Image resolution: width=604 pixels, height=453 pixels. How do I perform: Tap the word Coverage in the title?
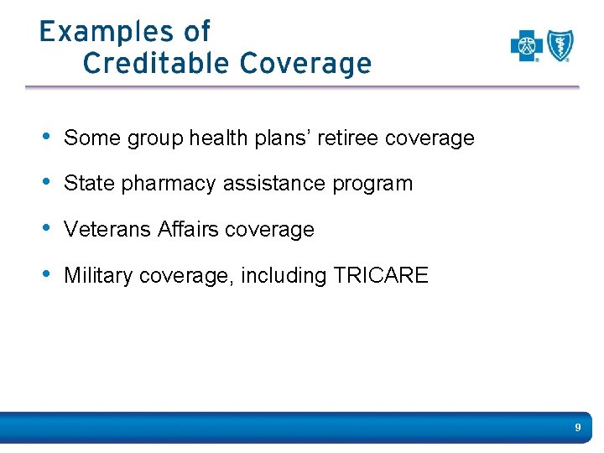click(305, 63)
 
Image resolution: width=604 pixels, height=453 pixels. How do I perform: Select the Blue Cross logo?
click(527, 46)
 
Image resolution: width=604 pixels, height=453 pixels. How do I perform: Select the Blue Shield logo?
click(560, 46)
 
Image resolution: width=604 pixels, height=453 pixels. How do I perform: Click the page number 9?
click(578, 428)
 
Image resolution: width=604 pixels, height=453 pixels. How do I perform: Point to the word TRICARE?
click(381, 275)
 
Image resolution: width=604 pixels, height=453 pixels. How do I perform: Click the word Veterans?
click(107, 230)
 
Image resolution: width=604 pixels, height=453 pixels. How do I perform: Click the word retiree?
click(346, 138)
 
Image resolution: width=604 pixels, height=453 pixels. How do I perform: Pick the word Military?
click(98, 275)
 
